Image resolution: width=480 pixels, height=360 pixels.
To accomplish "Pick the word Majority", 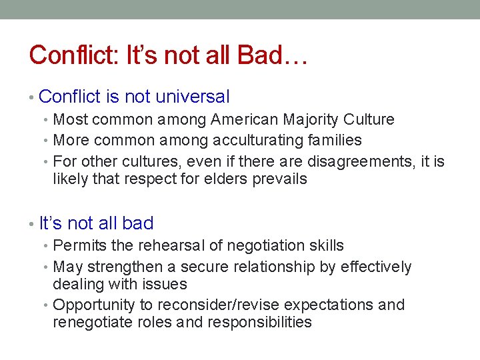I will tap(311, 120).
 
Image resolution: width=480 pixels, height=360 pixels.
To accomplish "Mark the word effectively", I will tap(376, 267).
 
